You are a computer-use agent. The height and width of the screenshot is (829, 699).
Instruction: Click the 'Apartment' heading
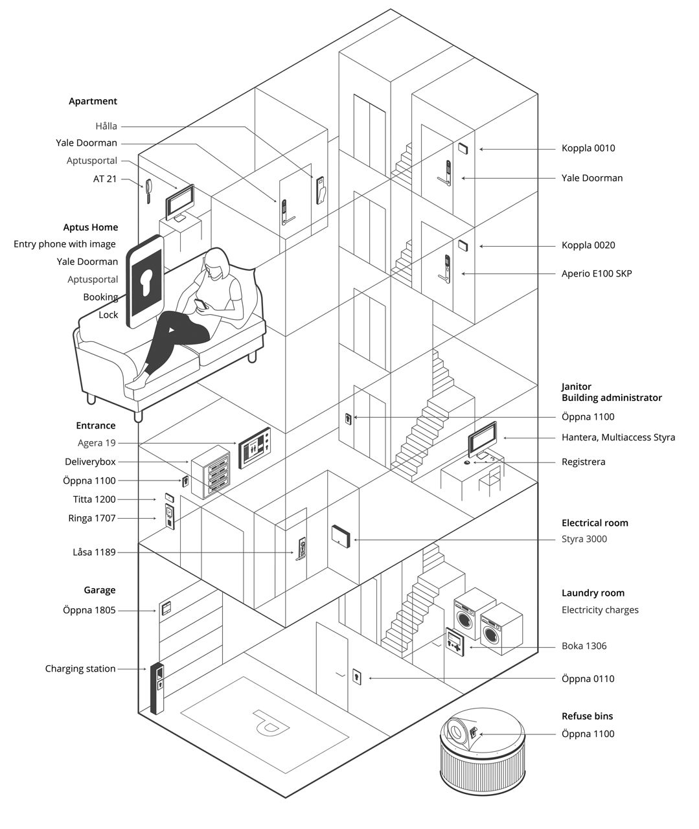click(93, 101)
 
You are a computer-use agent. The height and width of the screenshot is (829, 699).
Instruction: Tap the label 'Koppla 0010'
click(588, 148)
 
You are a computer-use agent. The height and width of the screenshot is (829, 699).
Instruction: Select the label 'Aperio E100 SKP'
click(596, 274)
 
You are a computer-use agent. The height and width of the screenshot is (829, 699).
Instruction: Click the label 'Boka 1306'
click(584, 646)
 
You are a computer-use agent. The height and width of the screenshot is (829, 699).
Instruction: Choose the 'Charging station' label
click(80, 668)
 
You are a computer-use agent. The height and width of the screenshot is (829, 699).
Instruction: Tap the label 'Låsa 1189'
click(94, 552)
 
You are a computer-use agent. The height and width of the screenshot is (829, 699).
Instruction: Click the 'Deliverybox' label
click(90, 462)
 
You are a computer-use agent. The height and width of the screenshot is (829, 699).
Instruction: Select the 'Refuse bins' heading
click(587, 716)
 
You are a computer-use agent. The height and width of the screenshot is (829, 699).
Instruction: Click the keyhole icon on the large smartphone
click(147, 281)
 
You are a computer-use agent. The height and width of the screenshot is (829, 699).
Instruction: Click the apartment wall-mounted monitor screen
click(179, 202)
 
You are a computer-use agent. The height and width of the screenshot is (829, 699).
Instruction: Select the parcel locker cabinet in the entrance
click(211, 473)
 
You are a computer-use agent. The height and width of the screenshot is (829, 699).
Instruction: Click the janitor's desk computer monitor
click(483, 439)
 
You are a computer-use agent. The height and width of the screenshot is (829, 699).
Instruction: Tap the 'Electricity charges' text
click(600, 610)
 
